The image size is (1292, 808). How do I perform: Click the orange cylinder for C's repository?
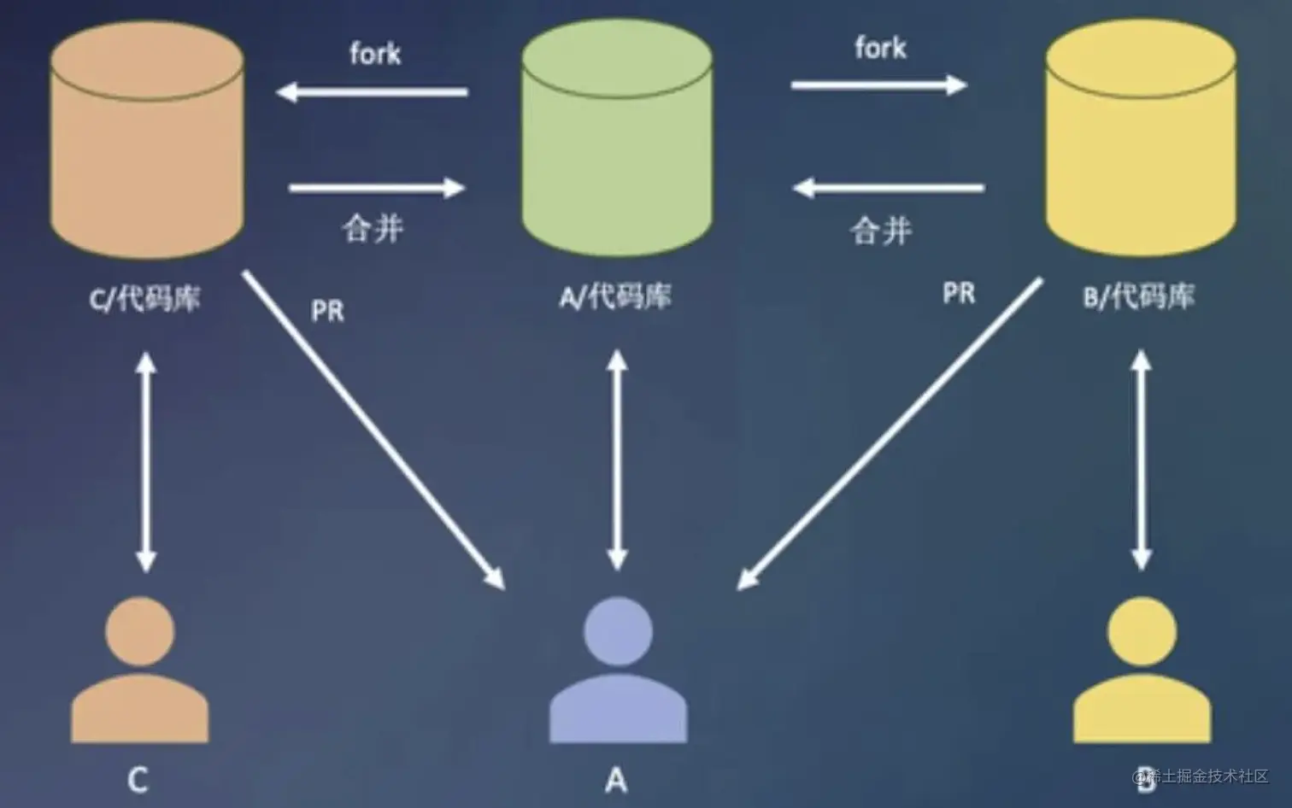(147, 141)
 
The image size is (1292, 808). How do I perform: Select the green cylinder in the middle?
(617, 141)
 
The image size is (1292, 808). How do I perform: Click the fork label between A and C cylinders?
(375, 54)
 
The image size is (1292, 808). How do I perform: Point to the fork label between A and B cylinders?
(880, 48)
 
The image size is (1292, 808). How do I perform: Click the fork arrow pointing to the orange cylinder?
(373, 91)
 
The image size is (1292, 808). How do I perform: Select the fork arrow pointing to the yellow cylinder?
(878, 85)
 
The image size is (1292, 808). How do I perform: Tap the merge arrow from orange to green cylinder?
(377, 187)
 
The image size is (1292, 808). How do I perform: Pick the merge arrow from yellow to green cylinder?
(889, 187)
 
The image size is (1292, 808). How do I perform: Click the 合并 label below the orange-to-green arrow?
(373, 228)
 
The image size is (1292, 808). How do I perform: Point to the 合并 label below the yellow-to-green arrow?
(881, 231)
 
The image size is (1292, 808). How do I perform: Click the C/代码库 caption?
(145, 299)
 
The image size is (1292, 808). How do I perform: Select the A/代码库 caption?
(615, 296)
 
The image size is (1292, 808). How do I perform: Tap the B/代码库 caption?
(1139, 296)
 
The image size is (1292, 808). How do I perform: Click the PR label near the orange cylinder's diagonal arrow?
(327, 311)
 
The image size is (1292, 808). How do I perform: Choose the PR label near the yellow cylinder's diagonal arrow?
(959, 294)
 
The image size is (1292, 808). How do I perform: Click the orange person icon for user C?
(139, 670)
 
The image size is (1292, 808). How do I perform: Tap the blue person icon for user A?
(618, 670)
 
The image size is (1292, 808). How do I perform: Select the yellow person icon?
(1142, 670)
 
